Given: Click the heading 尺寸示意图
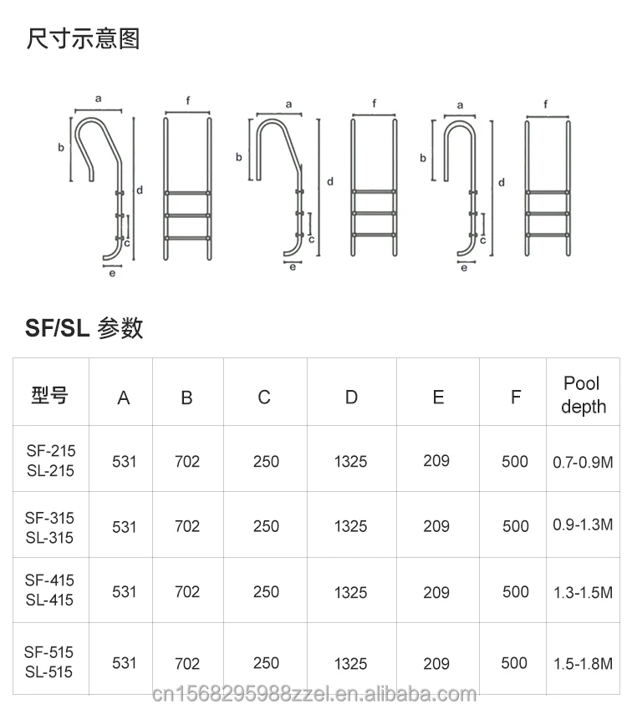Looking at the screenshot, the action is tap(83, 38).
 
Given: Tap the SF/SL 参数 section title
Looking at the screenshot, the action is tap(84, 328).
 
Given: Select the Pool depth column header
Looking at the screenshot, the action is tap(583, 395).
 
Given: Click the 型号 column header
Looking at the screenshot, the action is tap(50, 396).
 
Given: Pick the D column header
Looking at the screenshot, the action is tap(351, 397).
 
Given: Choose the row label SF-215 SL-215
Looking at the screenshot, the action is tap(50, 460).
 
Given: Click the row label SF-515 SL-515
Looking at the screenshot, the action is tap(48, 662).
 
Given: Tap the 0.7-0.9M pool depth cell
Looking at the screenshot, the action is tap(583, 462).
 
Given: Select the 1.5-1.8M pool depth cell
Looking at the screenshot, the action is tap(583, 664).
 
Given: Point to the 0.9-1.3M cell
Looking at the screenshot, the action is tap(583, 524).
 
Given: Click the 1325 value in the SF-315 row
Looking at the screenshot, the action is tap(351, 526).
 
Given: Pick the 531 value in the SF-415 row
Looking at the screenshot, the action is tap(124, 591).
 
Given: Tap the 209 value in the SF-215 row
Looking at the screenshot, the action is tap(436, 461).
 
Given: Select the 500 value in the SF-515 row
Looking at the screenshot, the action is tap(514, 663).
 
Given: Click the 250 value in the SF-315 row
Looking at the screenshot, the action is tap(266, 526).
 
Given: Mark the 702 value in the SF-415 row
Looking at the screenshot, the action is tap(187, 591).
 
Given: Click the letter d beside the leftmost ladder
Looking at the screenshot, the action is tap(140, 190).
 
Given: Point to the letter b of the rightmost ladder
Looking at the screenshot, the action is tap(423, 158).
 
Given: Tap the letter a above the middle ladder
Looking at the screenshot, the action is tap(288, 104).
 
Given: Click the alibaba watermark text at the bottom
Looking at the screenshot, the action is tap(314, 694).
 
